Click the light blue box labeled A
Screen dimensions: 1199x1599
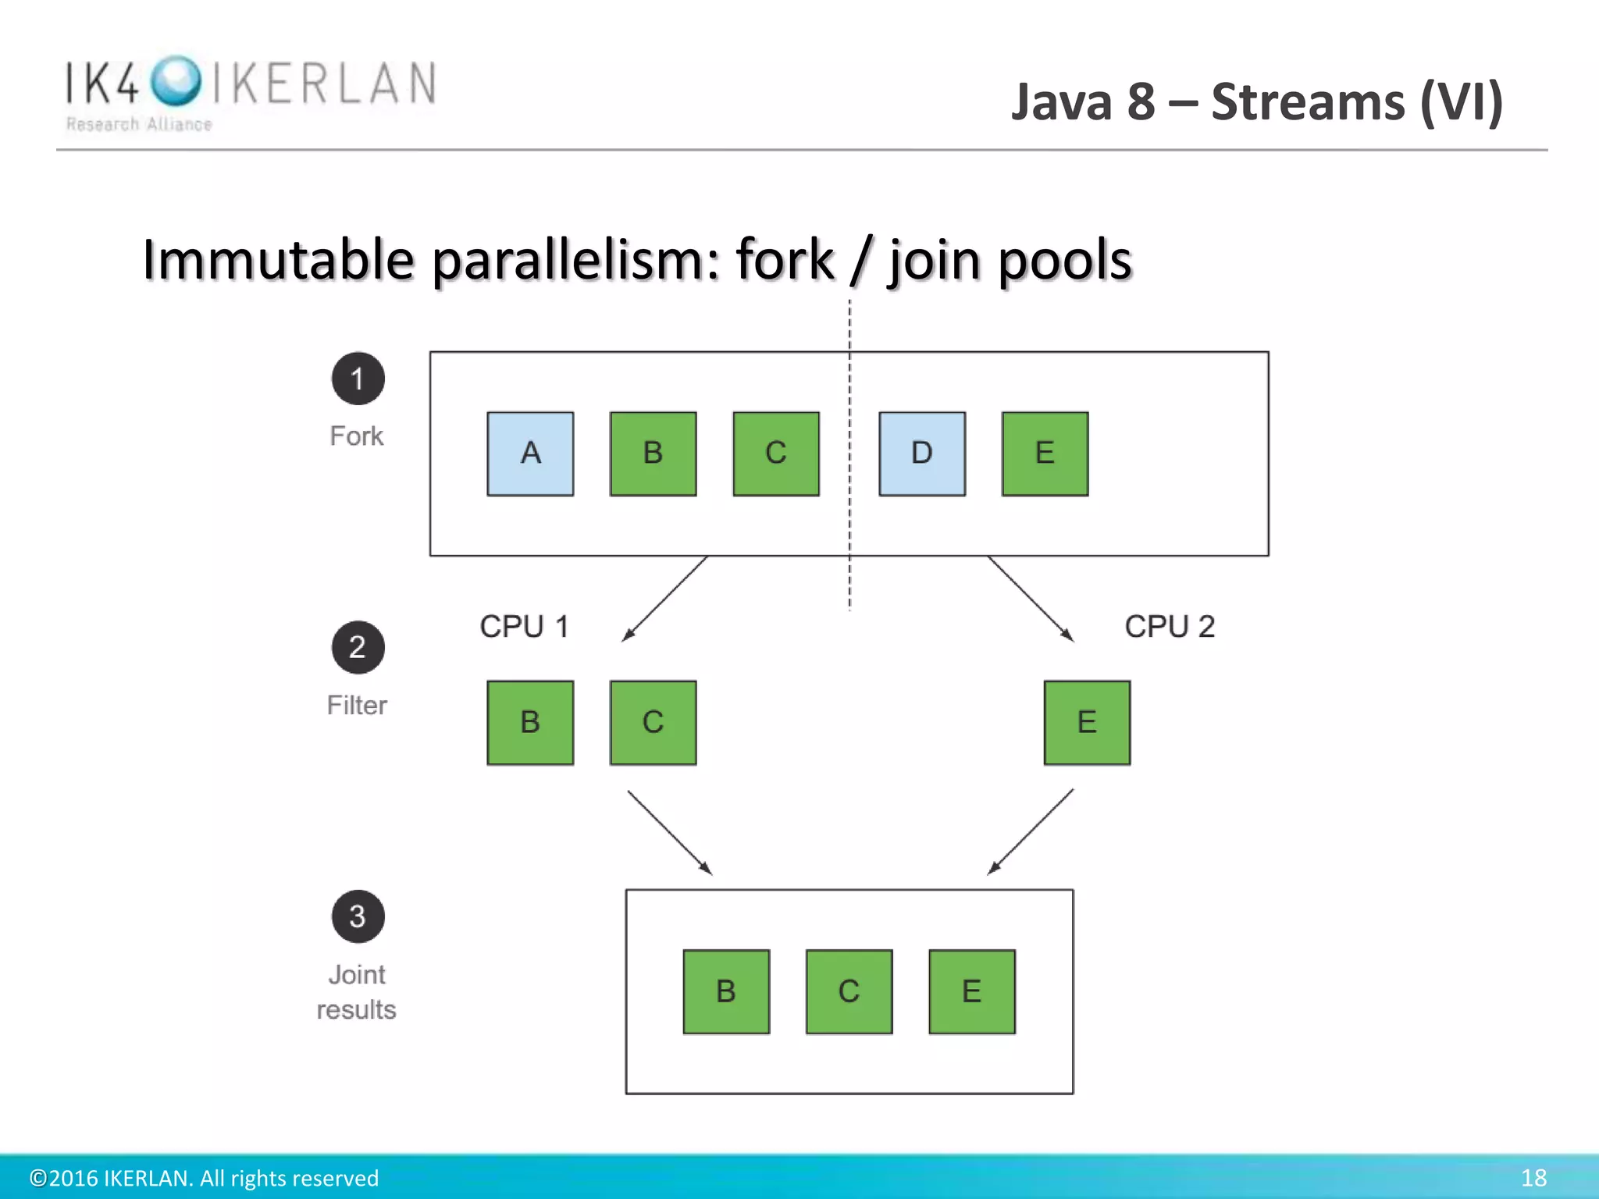tap(530, 454)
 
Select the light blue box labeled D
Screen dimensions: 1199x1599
tap(921, 454)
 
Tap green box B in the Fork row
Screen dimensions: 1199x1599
tap(653, 454)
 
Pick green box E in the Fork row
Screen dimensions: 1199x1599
tap(1045, 454)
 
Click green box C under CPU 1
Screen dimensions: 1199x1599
tap(653, 722)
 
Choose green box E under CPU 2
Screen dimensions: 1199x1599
tap(1087, 722)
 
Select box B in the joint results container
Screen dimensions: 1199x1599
tap(726, 991)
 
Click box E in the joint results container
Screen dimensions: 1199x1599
tap(972, 991)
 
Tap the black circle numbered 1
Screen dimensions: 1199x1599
tap(358, 379)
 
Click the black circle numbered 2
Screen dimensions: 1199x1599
tap(358, 647)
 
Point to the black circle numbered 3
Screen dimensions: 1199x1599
tap(358, 916)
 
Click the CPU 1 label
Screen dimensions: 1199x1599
tap(524, 627)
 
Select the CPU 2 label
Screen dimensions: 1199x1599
tap(1170, 627)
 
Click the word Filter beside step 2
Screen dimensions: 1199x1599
tap(357, 705)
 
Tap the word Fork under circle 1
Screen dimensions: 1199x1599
tap(357, 436)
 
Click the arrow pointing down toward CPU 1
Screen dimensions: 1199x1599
tap(664, 599)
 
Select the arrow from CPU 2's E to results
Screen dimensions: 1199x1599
tap(1031, 832)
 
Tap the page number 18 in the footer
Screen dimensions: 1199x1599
tap(1533, 1177)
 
